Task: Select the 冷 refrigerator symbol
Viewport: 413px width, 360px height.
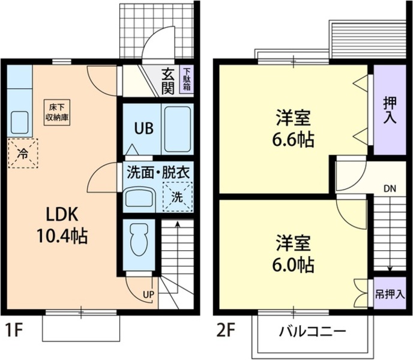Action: [x=23, y=153]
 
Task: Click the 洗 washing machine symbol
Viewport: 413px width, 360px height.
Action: [x=178, y=196]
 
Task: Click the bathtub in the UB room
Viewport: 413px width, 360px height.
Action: [x=177, y=129]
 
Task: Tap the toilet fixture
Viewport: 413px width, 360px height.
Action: [x=139, y=239]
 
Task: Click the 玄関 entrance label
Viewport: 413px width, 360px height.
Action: [x=168, y=81]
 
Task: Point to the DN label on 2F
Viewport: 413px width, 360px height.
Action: [x=390, y=188]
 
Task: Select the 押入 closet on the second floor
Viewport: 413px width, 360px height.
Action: [x=390, y=110]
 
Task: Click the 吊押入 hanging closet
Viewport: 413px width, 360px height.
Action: [x=390, y=294]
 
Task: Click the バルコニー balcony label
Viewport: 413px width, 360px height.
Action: [x=312, y=331]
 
